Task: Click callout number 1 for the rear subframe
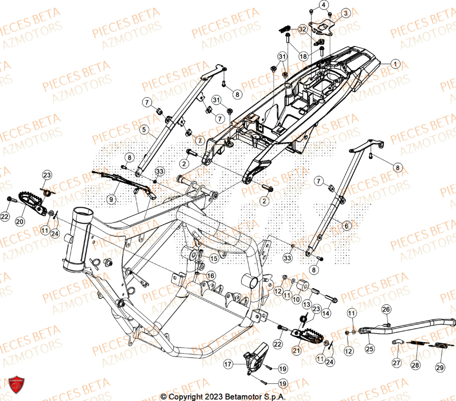(395, 64)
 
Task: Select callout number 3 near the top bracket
(346, 14)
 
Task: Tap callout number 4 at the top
(324, 5)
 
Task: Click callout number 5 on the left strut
(144, 130)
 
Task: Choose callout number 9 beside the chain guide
(110, 199)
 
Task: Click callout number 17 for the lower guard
(228, 364)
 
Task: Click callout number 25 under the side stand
(369, 349)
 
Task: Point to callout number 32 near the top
(302, 29)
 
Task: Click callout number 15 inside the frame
(214, 258)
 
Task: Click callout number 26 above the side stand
(386, 310)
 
